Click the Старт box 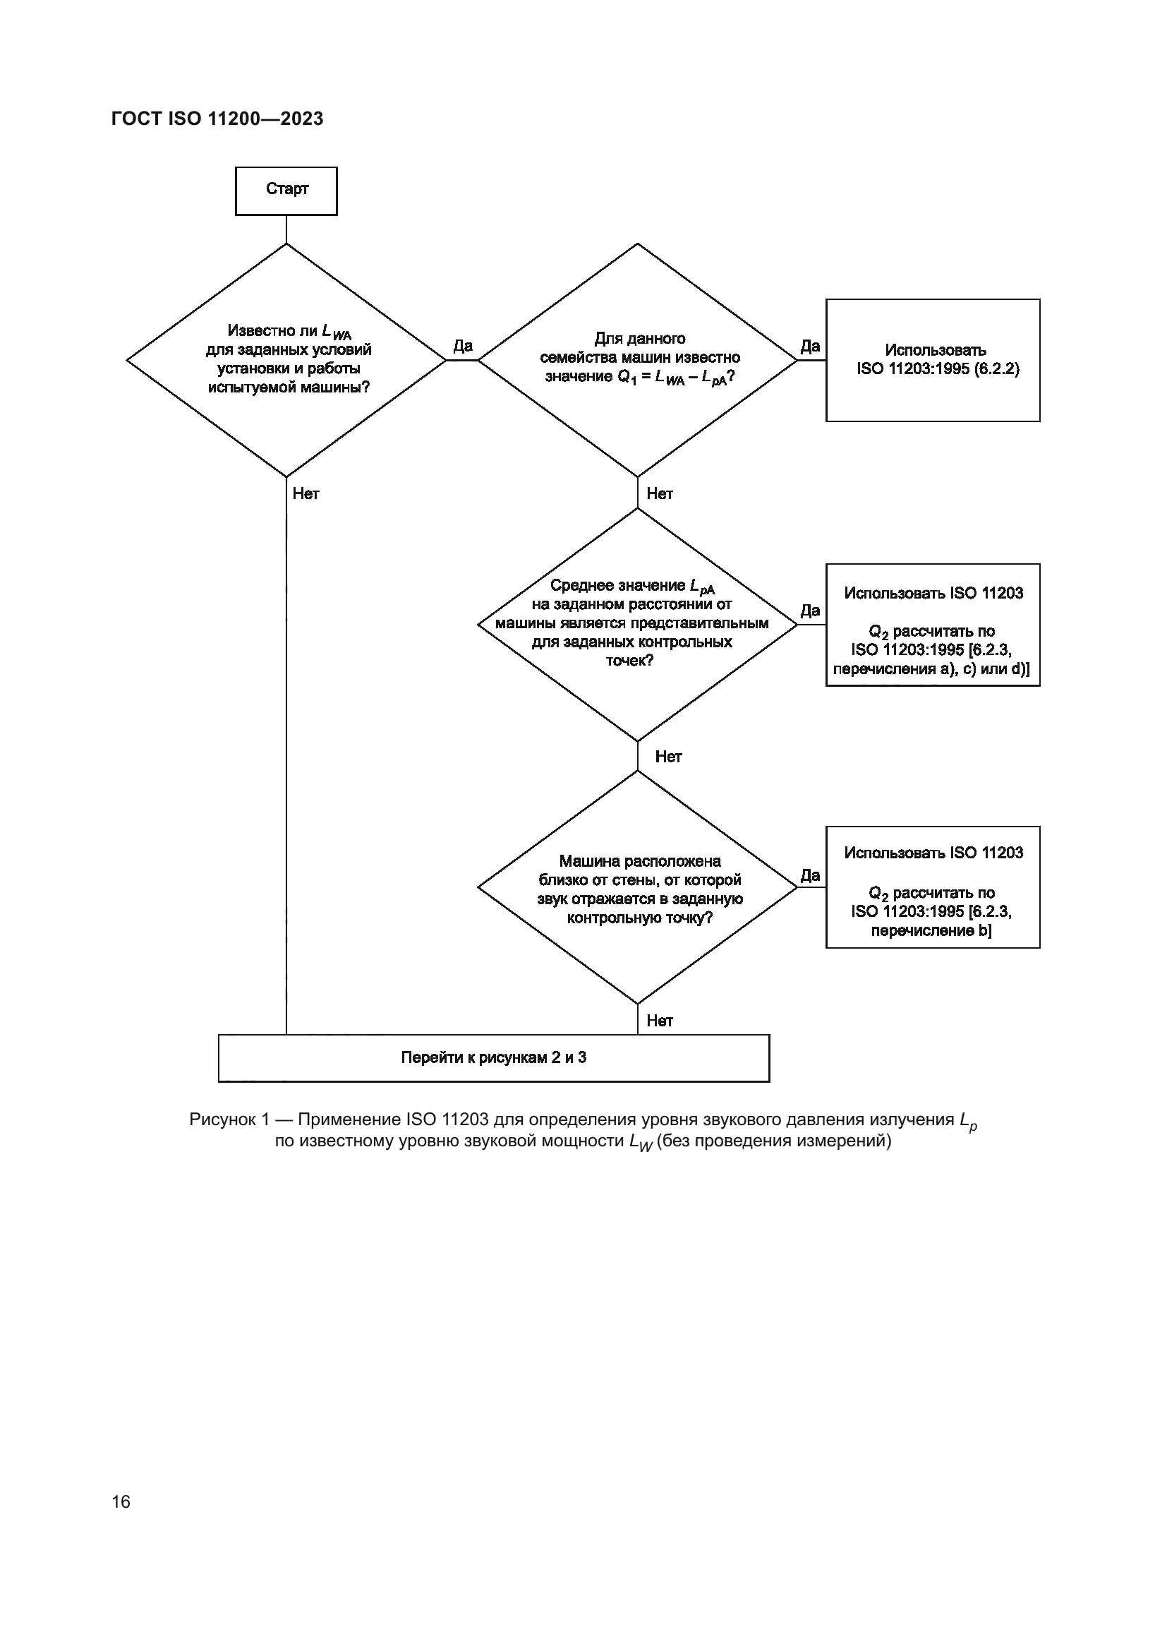tap(286, 191)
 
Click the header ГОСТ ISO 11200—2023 tap(217, 119)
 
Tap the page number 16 tap(121, 1501)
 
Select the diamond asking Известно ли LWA tap(286, 359)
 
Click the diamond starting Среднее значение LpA tap(638, 623)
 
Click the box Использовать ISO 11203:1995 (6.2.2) tap(933, 359)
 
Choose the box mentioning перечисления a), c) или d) tap(933, 624)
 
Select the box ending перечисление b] tap(933, 887)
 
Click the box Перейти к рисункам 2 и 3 tap(494, 1058)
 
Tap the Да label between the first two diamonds tap(463, 346)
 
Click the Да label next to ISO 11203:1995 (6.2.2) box tap(810, 346)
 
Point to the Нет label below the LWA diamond tap(306, 493)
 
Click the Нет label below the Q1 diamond tap(660, 493)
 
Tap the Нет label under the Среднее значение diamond tap(668, 757)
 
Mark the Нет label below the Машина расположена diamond tap(660, 1021)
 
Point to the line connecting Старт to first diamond tap(286, 229)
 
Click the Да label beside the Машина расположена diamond tap(810, 875)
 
